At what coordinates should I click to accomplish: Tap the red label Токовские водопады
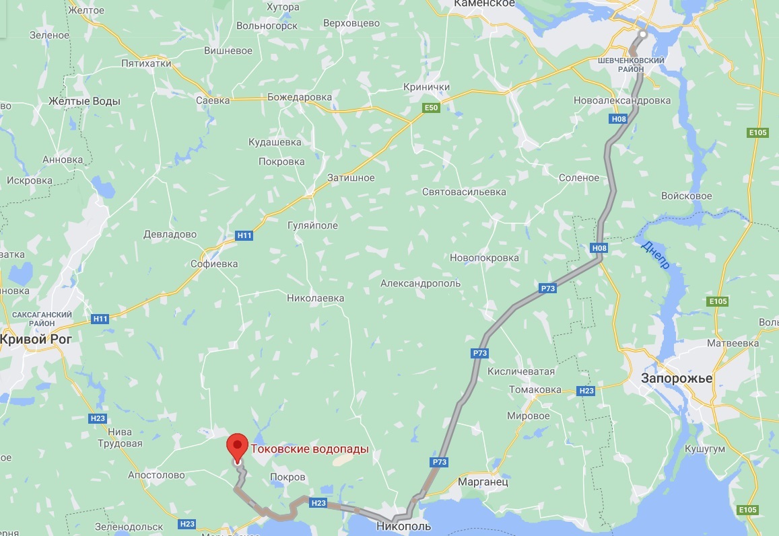click(x=310, y=449)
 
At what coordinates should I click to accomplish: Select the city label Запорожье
click(x=676, y=378)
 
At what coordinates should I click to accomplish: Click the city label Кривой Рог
click(x=35, y=339)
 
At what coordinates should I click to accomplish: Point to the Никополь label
click(x=403, y=525)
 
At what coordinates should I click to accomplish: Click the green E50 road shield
click(x=431, y=108)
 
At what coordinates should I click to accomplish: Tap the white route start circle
click(x=643, y=34)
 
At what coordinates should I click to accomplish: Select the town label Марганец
click(x=483, y=482)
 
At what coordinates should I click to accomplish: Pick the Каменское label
click(x=483, y=4)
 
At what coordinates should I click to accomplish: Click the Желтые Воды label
click(x=84, y=102)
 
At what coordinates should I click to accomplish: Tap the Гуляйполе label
click(x=312, y=225)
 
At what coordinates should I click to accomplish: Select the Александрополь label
click(x=420, y=283)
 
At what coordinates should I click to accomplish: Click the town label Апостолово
click(x=160, y=475)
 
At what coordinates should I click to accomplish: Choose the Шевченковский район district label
click(x=631, y=65)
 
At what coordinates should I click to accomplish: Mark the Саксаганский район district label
click(x=42, y=318)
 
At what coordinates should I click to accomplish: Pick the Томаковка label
click(x=535, y=389)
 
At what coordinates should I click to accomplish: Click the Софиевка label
click(x=215, y=264)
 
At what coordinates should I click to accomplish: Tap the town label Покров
click(x=287, y=477)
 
